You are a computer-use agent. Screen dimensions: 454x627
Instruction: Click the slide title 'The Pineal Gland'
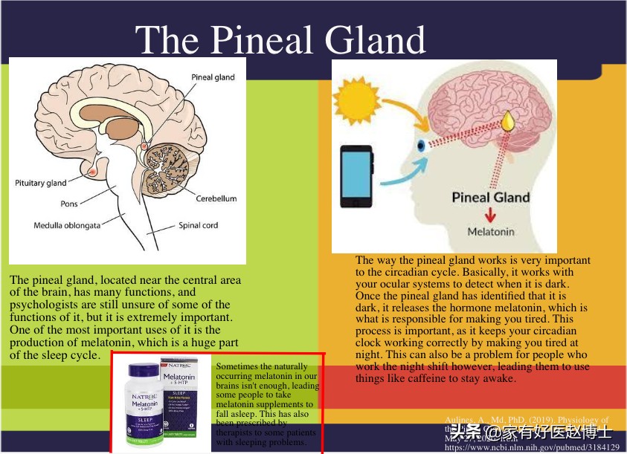point(281,39)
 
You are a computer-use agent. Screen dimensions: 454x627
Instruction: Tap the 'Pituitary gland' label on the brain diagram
point(41,183)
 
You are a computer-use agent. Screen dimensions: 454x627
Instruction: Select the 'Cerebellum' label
point(216,198)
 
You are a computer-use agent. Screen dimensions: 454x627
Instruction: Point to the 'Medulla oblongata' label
point(67,225)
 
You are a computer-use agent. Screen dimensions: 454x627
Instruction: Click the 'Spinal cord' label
point(199,225)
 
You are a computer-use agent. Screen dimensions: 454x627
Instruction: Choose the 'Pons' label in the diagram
point(69,204)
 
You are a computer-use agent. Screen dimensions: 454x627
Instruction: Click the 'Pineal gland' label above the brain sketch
point(213,77)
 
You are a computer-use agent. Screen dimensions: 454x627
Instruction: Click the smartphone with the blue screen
point(357,176)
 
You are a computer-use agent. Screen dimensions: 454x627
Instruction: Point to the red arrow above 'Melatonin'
point(490,215)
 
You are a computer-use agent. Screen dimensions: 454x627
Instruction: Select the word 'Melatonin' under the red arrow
point(490,232)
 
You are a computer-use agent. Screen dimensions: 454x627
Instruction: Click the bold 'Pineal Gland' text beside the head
point(491,197)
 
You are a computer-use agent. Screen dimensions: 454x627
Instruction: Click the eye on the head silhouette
point(422,144)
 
